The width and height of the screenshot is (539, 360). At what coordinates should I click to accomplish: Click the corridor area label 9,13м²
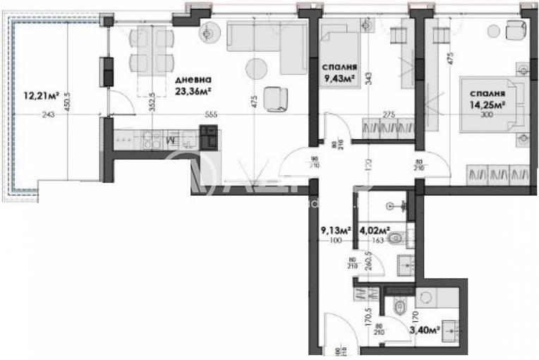[x=336, y=230]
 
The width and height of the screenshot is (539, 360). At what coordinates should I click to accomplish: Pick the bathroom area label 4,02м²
[x=373, y=230]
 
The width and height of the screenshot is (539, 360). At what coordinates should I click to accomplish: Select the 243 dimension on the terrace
[x=48, y=114]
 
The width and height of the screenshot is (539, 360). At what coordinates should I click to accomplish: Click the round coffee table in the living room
[x=255, y=68]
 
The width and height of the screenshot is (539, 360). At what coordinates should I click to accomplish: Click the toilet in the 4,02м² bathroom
[x=396, y=238]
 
